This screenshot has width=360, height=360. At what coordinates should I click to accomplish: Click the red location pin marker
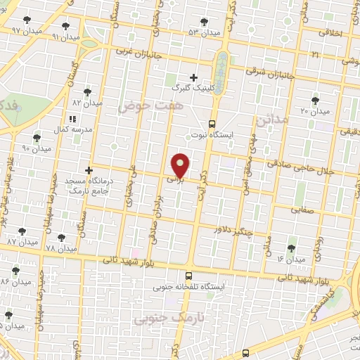coord(181,166)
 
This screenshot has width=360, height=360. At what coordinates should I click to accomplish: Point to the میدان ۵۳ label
coord(204,32)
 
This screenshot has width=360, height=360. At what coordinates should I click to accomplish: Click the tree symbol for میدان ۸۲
coord(88,91)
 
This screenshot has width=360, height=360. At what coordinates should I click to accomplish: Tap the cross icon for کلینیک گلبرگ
coord(194,77)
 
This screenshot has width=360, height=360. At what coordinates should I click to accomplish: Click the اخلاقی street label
coord(330,33)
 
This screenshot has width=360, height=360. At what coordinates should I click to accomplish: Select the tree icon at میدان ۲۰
coord(314,101)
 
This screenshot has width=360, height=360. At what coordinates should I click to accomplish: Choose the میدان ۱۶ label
coord(291,260)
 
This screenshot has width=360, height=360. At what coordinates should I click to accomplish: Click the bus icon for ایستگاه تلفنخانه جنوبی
coord(188,276)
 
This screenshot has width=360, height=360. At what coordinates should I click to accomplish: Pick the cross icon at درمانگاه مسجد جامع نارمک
coord(89,170)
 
